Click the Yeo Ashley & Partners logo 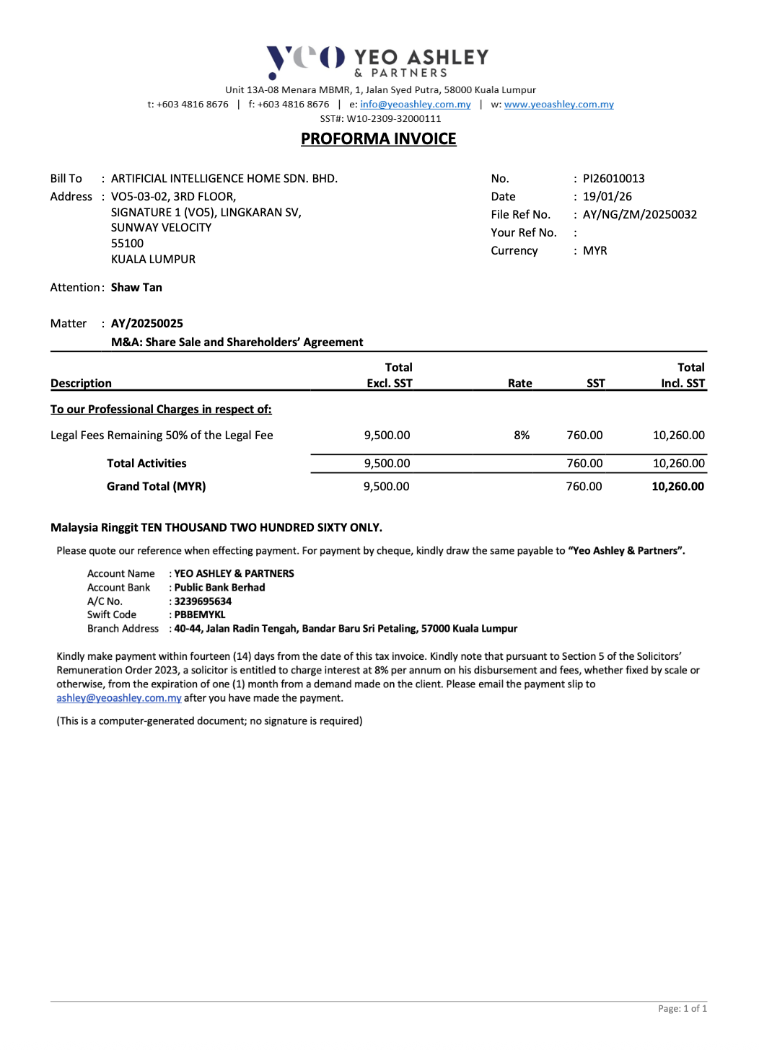coord(377,61)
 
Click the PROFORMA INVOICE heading coord(378,139)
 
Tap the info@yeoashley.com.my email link coord(415,105)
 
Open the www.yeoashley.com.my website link coord(558,105)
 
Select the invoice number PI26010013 coord(613,179)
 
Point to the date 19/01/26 coord(607,197)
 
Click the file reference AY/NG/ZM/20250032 coord(639,215)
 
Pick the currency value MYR coord(595,251)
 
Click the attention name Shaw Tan coord(136,288)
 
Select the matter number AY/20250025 coord(146,324)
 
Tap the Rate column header coord(519,384)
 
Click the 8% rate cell coord(522,436)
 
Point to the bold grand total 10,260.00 coord(677,487)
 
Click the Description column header coord(81,384)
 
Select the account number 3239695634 coord(203,601)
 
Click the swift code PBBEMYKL coord(200,615)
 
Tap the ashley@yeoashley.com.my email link coord(119,698)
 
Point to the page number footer coord(682,1009)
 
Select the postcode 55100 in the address coord(127,244)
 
